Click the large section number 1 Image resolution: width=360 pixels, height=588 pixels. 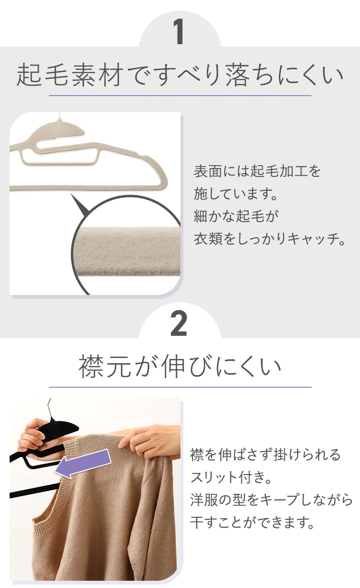coord(179,32)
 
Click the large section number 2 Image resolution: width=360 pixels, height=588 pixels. coord(179,323)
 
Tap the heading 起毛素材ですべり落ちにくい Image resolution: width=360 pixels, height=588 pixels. coord(180,75)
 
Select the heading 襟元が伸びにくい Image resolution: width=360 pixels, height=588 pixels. coord(180,366)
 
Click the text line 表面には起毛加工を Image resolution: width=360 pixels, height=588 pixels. coord(257,171)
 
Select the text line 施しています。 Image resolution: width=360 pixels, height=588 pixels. coord(236,194)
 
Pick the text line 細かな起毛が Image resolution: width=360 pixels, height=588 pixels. coord(236,216)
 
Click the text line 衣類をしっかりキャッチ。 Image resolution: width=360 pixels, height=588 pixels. coord(269,239)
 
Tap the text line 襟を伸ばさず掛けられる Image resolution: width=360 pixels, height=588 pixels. coord(265,454)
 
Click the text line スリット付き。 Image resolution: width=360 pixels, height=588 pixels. coord(231,477)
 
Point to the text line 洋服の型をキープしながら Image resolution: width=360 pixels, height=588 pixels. coord(271,500)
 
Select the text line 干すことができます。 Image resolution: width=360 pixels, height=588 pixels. coord(252,522)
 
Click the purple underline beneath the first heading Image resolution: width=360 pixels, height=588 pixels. coord(180,95)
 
